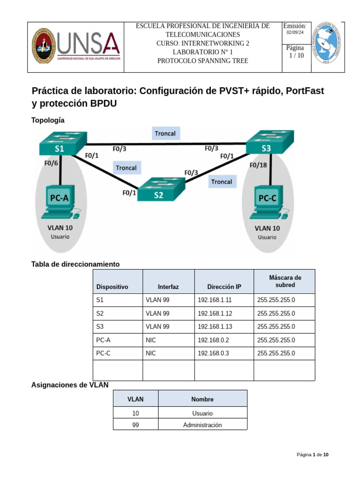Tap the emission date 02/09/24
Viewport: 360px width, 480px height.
[295, 32]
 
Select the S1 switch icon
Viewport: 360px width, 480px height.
[62, 142]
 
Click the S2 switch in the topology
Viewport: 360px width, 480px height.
[161, 189]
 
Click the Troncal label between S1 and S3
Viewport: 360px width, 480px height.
[165, 134]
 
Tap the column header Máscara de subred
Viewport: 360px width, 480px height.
[285, 281]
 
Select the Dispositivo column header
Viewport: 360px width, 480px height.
[112, 287]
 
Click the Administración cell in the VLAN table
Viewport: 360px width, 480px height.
[202, 425]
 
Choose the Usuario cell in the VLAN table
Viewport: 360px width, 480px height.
[202, 413]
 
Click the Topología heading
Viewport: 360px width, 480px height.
[48, 120]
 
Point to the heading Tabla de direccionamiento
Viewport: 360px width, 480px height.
[75, 264]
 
